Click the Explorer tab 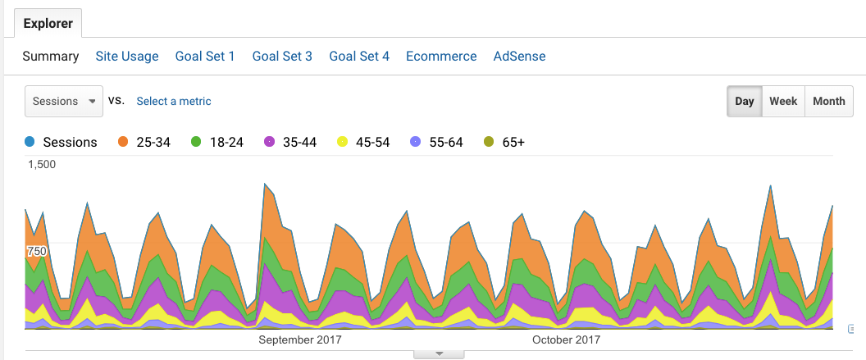coord(48,24)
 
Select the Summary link coord(51,57)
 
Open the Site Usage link coord(127,57)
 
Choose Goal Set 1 coord(205,57)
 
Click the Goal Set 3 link coord(282,57)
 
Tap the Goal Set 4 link coord(359,57)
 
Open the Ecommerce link coord(441,57)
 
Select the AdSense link coord(519,57)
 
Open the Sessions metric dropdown coord(64,102)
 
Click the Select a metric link coord(174,102)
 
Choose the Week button coord(783,102)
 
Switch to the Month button coord(828,102)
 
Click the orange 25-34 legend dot coord(124,143)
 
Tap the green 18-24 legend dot coord(196,143)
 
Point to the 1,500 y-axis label coord(42,164)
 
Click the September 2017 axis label coord(300,339)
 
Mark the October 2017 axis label coord(566,339)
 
